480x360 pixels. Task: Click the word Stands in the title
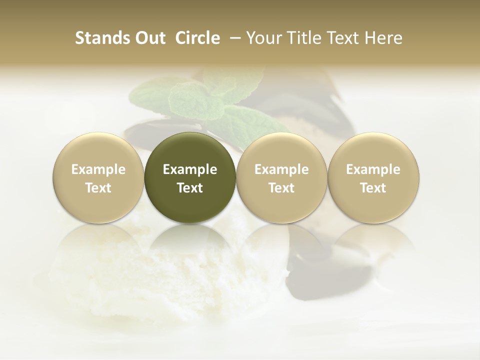[100, 38]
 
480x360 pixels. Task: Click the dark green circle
[189, 178]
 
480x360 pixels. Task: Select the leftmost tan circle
[98, 178]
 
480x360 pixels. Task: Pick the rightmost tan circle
[373, 178]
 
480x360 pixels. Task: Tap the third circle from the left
[281, 178]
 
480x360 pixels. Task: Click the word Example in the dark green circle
[190, 169]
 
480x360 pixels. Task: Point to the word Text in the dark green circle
[190, 188]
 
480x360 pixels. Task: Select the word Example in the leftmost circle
[98, 169]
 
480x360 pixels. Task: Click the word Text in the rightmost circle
[373, 188]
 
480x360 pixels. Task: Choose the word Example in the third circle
[281, 169]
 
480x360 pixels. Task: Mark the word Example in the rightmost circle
[373, 169]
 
